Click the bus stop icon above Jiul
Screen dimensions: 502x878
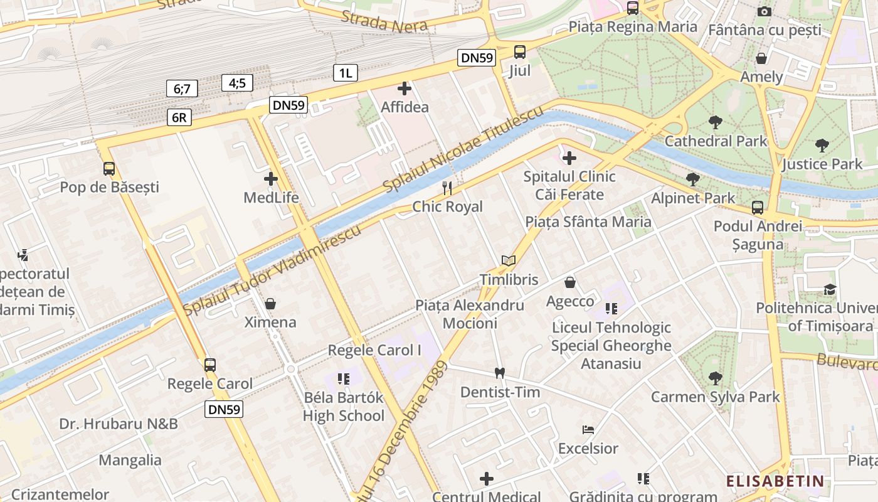520,52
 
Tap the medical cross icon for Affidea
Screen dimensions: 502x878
405,88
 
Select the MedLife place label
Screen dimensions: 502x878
271,198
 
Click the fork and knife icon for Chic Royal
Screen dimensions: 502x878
447,188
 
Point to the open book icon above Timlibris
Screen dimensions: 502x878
509,260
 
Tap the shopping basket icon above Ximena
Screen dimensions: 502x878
270,304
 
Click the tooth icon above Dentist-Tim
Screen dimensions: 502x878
500,373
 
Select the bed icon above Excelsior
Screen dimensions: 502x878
588,430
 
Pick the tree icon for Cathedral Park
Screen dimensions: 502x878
715,122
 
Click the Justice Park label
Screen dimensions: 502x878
822,164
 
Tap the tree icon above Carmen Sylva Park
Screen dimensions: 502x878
715,378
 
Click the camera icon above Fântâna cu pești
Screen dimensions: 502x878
764,11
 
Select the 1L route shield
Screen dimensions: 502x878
345,73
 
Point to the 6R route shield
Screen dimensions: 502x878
179,117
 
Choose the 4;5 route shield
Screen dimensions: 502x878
237,82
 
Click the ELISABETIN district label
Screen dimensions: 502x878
775,481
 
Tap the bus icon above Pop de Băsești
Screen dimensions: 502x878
109,169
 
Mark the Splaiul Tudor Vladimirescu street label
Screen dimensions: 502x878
272,270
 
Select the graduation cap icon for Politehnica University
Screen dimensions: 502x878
830,289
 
